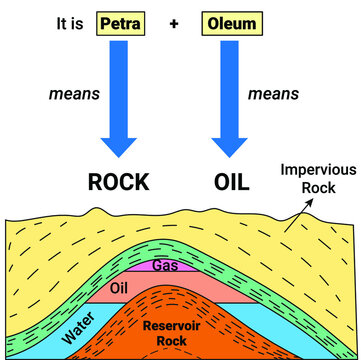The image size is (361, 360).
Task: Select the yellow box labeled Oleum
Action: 233,20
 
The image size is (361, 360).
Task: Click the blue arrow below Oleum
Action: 233,100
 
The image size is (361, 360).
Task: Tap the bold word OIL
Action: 233,183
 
